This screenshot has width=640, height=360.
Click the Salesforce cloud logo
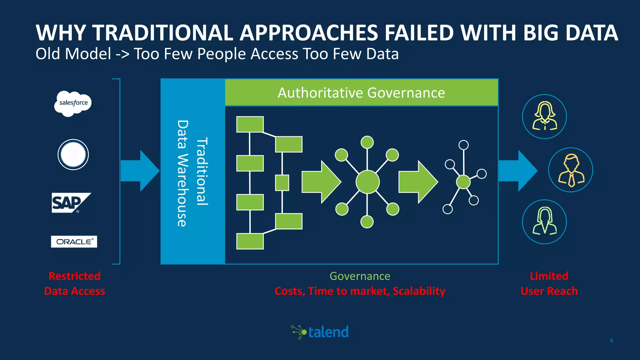tap(73, 103)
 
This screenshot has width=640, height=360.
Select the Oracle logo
tap(74, 242)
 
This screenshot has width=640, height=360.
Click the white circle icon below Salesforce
tap(73, 155)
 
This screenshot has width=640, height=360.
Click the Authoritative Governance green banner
tap(361, 93)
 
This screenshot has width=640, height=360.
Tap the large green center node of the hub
tap(367, 182)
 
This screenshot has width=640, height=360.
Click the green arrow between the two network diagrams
tap(418, 182)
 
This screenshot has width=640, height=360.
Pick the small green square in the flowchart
tap(282, 183)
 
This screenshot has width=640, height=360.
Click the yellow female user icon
tap(544, 116)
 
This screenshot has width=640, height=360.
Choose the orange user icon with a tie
tap(571, 170)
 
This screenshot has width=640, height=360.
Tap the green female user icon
tap(544, 222)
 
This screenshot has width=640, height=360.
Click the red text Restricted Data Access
tap(74, 283)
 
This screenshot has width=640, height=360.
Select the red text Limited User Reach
tap(549, 283)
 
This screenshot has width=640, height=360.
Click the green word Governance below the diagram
tap(360, 276)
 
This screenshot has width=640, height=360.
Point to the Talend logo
tap(320, 332)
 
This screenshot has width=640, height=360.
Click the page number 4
tap(611, 341)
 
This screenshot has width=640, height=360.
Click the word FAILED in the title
tap(419, 33)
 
